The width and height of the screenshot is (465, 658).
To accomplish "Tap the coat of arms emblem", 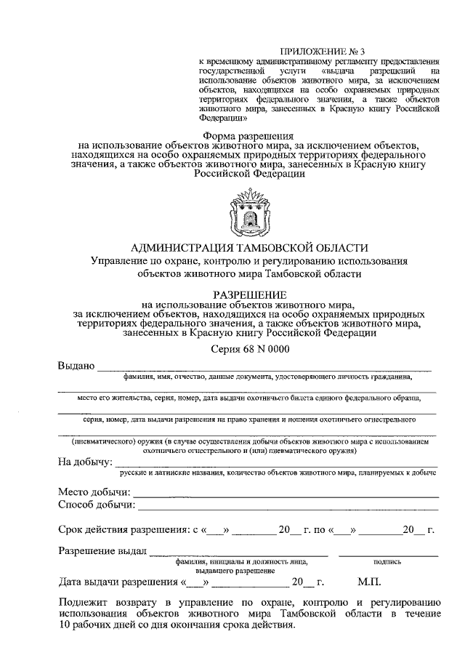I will [248, 212].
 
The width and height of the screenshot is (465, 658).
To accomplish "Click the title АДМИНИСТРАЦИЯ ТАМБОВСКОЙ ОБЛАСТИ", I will [248, 248].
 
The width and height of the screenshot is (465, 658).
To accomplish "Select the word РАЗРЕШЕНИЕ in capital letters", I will [248, 292].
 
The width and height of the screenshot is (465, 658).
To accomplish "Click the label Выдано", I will [76, 365].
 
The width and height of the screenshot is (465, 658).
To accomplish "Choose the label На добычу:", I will [84, 461].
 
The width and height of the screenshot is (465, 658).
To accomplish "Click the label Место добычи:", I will [94, 492].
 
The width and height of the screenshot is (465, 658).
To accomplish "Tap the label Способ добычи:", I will [97, 505].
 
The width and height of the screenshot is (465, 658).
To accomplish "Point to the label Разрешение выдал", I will [102, 550].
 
